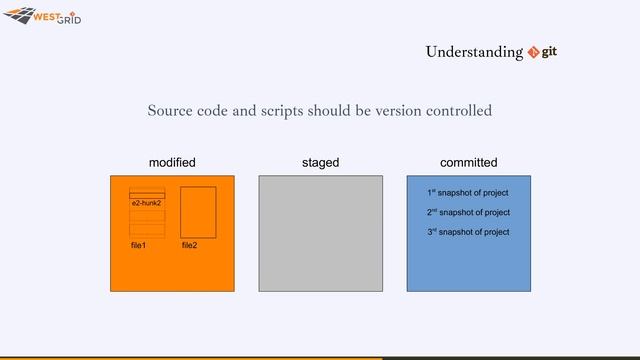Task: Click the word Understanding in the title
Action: (x=474, y=52)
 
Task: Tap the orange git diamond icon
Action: (x=533, y=52)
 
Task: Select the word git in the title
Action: (x=549, y=51)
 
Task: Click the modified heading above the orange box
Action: (x=172, y=162)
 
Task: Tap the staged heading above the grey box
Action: (x=320, y=162)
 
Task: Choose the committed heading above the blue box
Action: (x=468, y=162)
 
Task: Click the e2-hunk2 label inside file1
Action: (x=146, y=203)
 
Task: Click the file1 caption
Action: (x=138, y=245)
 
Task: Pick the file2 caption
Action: (x=189, y=245)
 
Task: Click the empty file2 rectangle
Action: (x=198, y=212)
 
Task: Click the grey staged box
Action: (x=320, y=234)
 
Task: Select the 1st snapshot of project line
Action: (x=468, y=192)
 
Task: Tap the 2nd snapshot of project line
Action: (x=468, y=212)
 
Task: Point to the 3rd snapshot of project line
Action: (x=468, y=232)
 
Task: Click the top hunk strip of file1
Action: (x=147, y=191)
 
